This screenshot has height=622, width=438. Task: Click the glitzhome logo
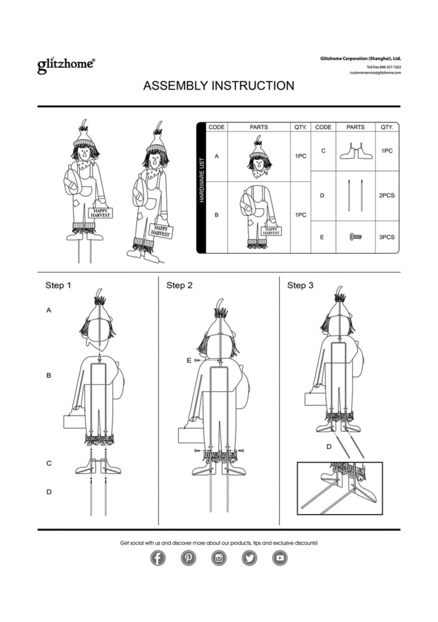pyautogui.click(x=66, y=65)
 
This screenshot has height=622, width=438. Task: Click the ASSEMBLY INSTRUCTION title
pyautogui.click(x=219, y=86)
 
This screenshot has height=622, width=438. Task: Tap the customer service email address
pyautogui.click(x=375, y=73)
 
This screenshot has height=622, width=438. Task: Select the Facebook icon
pyautogui.click(x=158, y=558)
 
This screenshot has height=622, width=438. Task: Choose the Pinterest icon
pyautogui.click(x=188, y=558)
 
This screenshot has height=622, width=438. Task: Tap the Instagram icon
pyautogui.click(x=219, y=558)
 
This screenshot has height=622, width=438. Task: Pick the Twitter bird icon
pyautogui.click(x=249, y=558)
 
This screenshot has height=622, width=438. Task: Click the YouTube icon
pyautogui.click(x=280, y=558)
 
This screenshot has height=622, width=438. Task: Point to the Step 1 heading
pyautogui.click(x=58, y=285)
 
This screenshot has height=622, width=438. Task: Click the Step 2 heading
pyautogui.click(x=179, y=285)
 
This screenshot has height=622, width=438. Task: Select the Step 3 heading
pyautogui.click(x=300, y=285)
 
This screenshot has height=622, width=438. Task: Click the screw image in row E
pyautogui.click(x=355, y=237)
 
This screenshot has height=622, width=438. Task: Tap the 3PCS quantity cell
pyautogui.click(x=386, y=237)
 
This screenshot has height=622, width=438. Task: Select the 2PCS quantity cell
pyautogui.click(x=386, y=196)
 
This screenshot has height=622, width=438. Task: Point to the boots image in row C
pyautogui.click(x=356, y=151)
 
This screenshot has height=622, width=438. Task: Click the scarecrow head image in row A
pyautogui.click(x=259, y=157)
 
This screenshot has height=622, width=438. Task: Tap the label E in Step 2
pyautogui.click(x=189, y=360)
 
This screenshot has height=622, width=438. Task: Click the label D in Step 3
pyautogui.click(x=329, y=447)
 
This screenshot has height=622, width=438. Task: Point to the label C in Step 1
pyautogui.click(x=49, y=463)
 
